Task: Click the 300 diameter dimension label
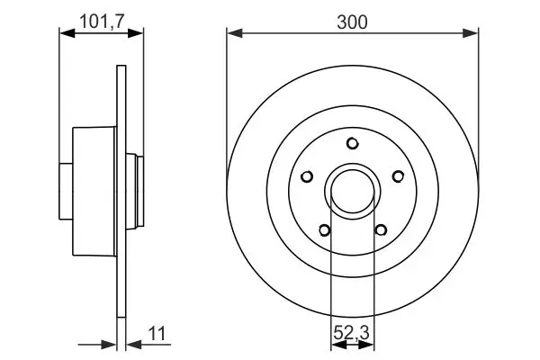tap(352, 22)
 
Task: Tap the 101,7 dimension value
tap(101, 19)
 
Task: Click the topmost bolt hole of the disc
tap(353, 141)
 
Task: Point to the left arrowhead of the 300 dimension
tap(232, 34)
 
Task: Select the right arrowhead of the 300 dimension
tap(472, 34)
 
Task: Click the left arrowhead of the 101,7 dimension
tap(64, 34)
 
